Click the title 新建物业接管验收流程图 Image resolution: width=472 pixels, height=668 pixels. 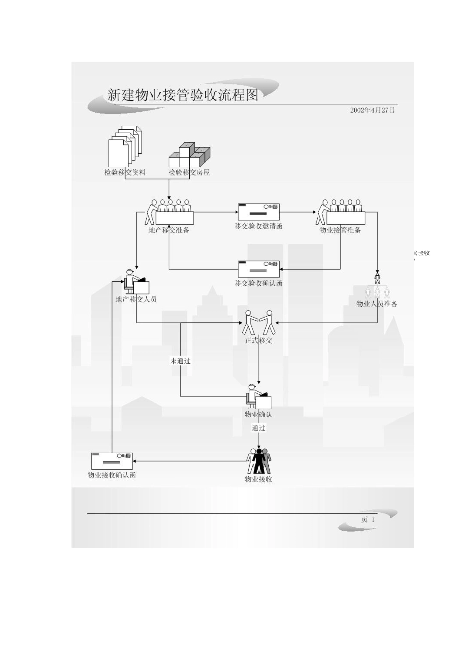click(x=182, y=95)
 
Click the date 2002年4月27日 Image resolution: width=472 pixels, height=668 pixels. click(x=372, y=110)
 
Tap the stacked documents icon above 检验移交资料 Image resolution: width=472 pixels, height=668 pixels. click(x=125, y=146)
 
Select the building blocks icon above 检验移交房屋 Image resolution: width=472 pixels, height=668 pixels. click(x=190, y=155)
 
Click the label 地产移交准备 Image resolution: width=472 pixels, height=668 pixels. click(x=169, y=230)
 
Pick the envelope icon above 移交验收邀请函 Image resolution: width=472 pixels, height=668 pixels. click(x=259, y=212)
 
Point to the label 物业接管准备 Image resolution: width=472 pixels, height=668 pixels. click(x=340, y=230)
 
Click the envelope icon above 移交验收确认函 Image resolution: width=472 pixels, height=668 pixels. click(x=259, y=269)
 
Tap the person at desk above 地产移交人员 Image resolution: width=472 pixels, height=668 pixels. click(x=136, y=282)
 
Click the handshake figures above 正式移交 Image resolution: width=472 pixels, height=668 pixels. click(x=259, y=323)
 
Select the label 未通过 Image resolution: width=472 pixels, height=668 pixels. click(x=180, y=361)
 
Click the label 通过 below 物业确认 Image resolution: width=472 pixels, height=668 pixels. click(x=258, y=428)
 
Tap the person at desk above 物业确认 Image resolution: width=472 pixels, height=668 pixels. click(x=259, y=396)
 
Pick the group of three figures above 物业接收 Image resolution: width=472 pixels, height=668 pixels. click(x=259, y=461)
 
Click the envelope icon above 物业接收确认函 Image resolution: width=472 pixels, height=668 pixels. click(x=112, y=461)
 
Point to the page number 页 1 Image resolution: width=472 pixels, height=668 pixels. click(x=368, y=520)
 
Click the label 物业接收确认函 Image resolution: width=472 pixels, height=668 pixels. click(x=112, y=475)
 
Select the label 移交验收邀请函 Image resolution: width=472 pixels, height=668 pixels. click(x=258, y=226)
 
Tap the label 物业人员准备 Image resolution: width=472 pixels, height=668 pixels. click(x=377, y=304)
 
